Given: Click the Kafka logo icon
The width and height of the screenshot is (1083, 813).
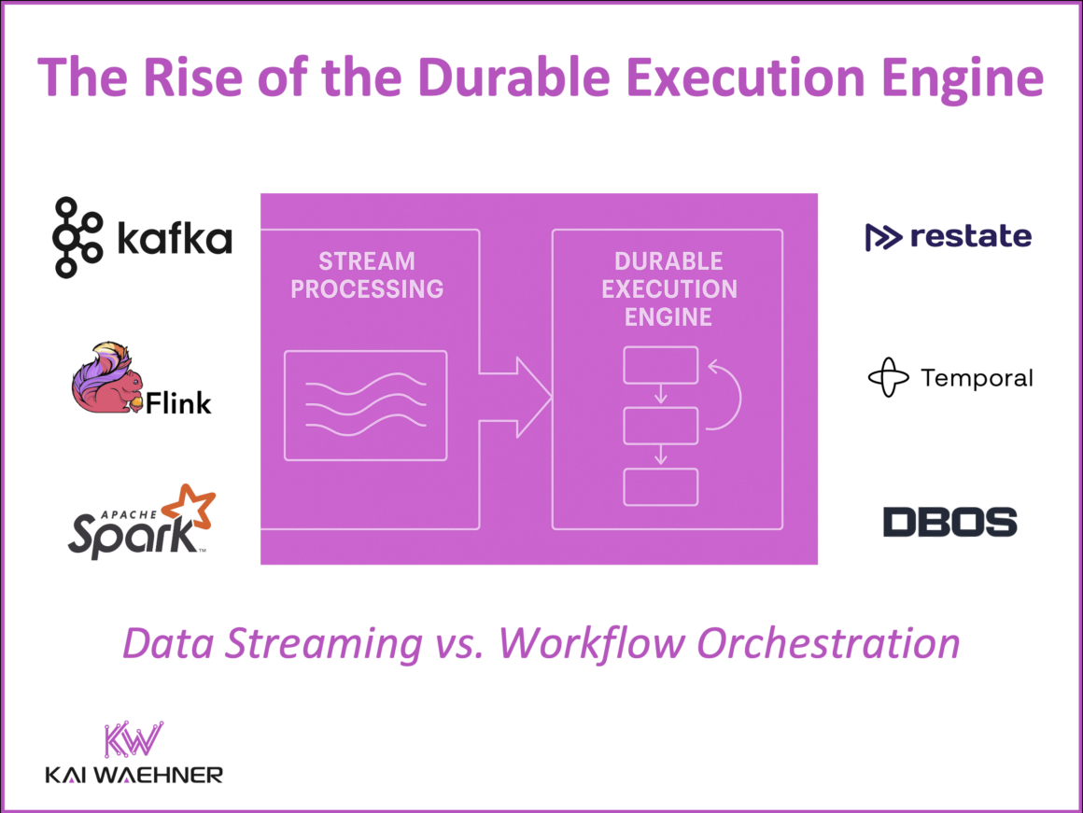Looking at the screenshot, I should click(x=78, y=237).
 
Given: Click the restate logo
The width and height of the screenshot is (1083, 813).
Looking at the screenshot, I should click(x=948, y=237).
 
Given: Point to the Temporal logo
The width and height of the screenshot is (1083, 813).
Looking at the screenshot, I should click(x=949, y=378).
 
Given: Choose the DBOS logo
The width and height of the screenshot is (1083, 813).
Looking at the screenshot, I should click(x=949, y=522).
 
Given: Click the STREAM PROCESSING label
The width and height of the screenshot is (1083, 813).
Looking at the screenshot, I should click(x=367, y=274).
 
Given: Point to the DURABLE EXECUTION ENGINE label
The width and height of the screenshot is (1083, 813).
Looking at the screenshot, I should click(x=668, y=288).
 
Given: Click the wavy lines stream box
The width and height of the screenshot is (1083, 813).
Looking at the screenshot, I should click(x=365, y=405).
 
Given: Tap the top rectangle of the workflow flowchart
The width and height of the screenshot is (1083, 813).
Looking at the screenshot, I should click(x=660, y=365).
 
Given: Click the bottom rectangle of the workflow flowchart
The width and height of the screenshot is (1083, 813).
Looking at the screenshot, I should click(x=660, y=486).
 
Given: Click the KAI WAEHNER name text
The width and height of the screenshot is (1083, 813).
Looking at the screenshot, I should click(x=134, y=775).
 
